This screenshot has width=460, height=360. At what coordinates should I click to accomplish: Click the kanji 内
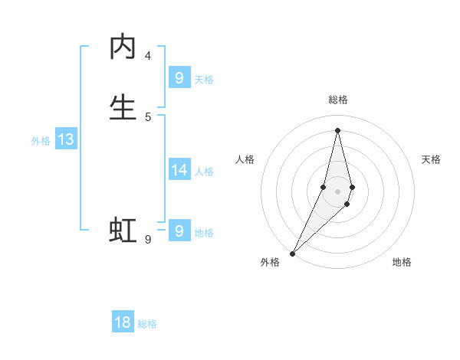tap(123, 47)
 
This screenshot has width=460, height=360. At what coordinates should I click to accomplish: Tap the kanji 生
tap(123, 108)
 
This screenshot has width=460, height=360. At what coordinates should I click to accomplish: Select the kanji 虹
tap(123, 229)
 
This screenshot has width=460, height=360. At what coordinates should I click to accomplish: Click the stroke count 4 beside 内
tap(148, 56)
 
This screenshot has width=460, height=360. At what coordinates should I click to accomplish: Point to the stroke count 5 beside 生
tap(148, 116)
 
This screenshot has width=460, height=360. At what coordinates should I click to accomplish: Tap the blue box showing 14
tap(179, 170)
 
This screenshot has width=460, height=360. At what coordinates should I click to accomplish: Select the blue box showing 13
tap(66, 139)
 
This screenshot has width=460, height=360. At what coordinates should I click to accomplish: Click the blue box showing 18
tap(123, 322)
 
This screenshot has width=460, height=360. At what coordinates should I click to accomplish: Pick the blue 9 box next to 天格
tap(179, 77)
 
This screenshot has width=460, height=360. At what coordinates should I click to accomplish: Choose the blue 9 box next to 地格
tap(179, 231)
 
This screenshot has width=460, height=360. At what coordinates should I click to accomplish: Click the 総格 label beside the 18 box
tap(147, 324)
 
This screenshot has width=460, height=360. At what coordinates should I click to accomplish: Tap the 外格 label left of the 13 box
tap(41, 141)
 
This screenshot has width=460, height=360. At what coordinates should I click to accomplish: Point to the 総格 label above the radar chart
tap(337, 100)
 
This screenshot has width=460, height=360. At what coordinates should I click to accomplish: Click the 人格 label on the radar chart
tap(245, 159)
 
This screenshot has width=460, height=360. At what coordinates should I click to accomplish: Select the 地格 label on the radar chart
tap(402, 262)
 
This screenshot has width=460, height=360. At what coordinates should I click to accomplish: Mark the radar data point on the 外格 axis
tap(292, 253)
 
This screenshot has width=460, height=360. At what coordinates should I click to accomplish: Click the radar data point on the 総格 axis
tap(337, 130)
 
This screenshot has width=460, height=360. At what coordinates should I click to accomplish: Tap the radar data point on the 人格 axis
tap(323, 187)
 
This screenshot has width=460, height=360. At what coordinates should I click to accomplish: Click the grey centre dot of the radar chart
tap(337, 191)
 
